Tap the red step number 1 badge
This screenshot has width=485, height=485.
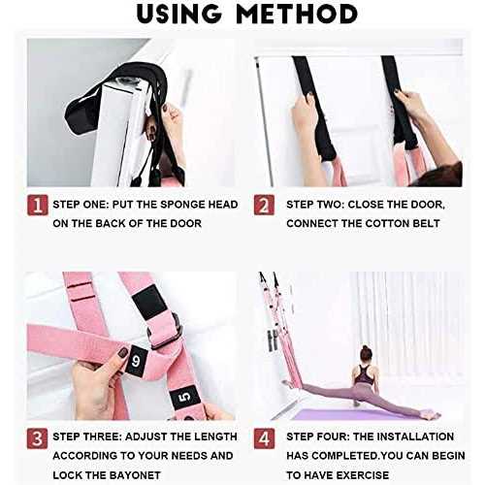click(x=35, y=206)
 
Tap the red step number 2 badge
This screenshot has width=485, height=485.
click(x=265, y=206)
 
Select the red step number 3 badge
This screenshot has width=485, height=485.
click(x=35, y=436)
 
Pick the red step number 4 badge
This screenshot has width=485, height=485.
click(x=265, y=436)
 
